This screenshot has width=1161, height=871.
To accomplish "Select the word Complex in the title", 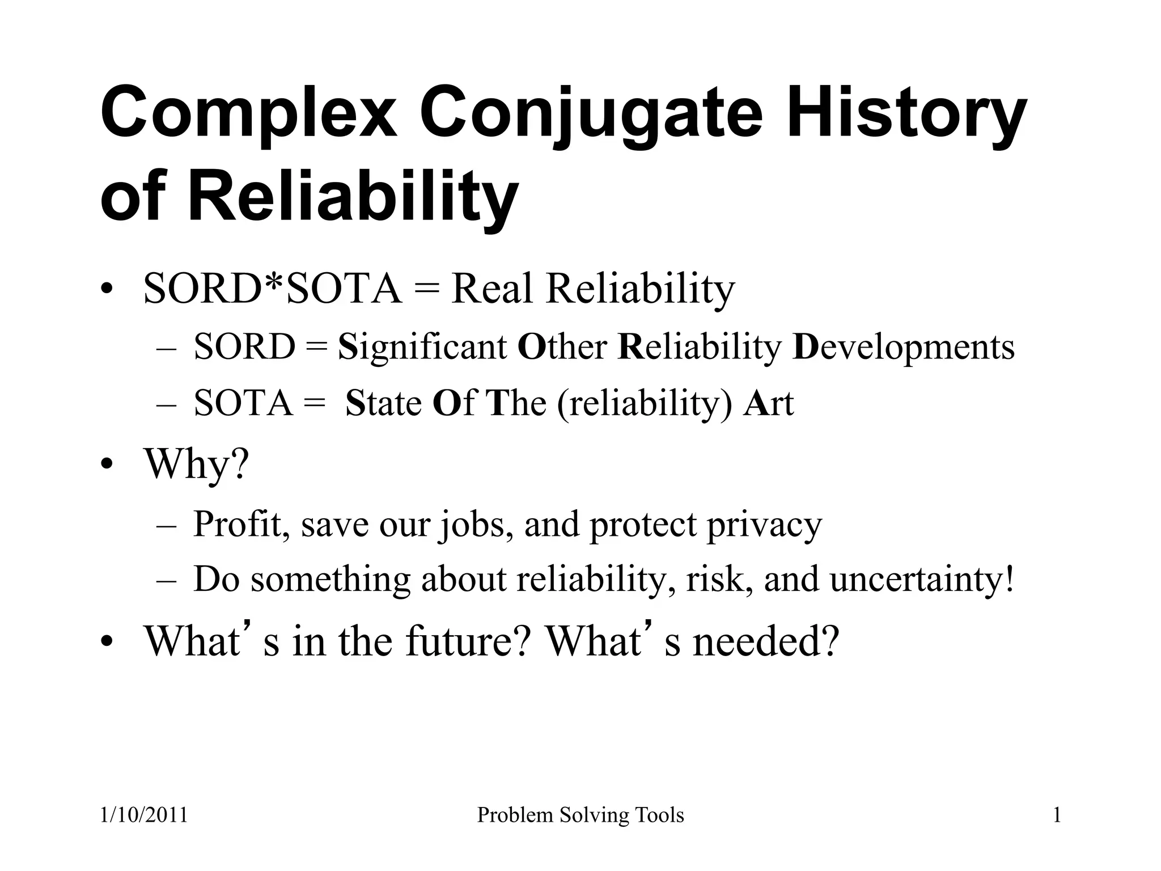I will pyautogui.click(x=249, y=113).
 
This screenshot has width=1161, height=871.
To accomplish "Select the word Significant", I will pyautogui.click(x=422, y=347).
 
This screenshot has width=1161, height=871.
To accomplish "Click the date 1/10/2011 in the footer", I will pyautogui.click(x=144, y=815).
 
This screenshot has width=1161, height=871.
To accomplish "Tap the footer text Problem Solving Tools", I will pyautogui.click(x=580, y=815).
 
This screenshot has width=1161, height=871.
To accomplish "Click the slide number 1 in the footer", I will pyautogui.click(x=1057, y=815).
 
